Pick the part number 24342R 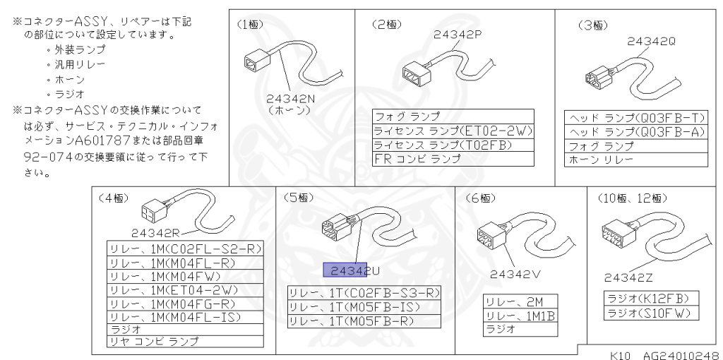pos(155,232)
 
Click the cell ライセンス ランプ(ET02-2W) pos(453,131)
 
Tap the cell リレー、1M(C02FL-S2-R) pos(185,248)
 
